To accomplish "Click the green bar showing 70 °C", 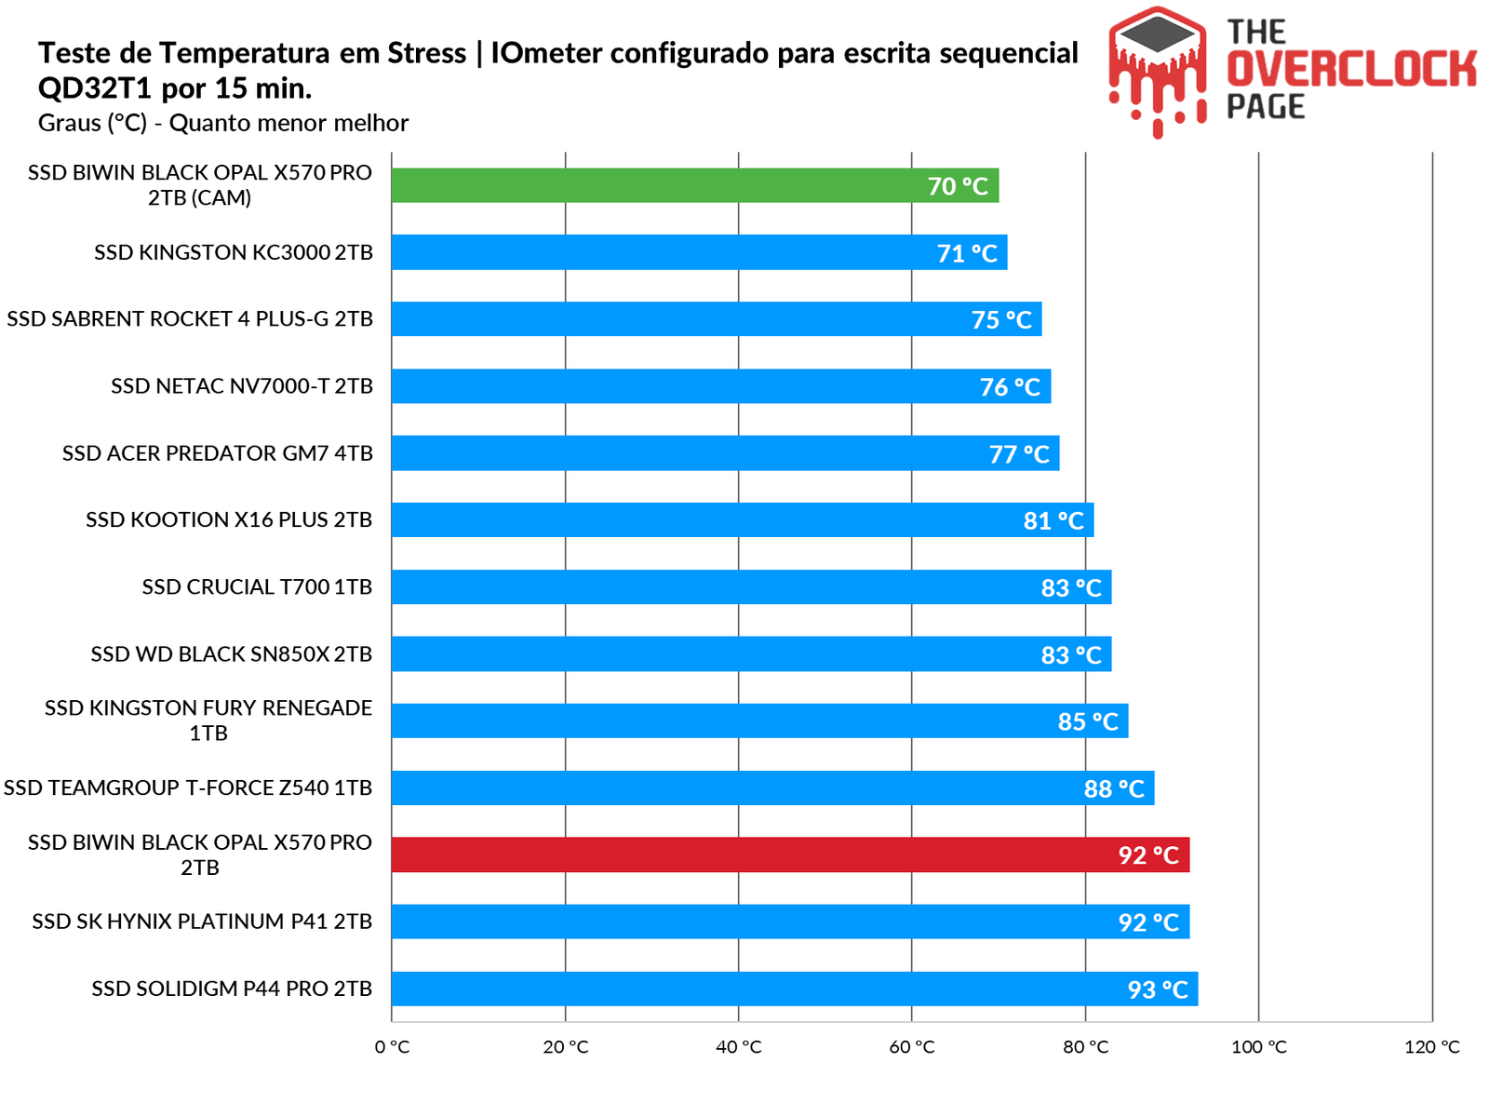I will point(694,185).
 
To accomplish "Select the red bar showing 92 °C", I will point(789,855).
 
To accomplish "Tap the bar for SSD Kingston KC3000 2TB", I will point(698,252).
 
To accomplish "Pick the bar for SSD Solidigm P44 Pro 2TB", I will point(794,989).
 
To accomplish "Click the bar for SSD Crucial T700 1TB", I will point(750,587).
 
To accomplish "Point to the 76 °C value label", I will point(1010,387).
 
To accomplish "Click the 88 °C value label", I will point(1114,789).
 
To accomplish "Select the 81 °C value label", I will point(1053,521).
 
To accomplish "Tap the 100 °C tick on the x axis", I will point(1258,1047).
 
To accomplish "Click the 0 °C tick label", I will point(392,1047).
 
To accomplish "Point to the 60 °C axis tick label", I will point(912,1047).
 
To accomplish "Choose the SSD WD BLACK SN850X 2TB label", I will point(232,654).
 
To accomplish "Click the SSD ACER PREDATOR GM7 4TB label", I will point(218,453).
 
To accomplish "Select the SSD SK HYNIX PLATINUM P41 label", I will point(202,922).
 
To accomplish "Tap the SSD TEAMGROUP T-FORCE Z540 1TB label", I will point(188,788).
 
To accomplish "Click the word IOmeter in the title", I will point(546,53).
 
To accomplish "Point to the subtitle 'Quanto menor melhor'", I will point(288,123).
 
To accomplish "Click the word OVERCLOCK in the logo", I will point(1351,70).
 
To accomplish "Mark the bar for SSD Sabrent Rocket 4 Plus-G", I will point(716,319).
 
